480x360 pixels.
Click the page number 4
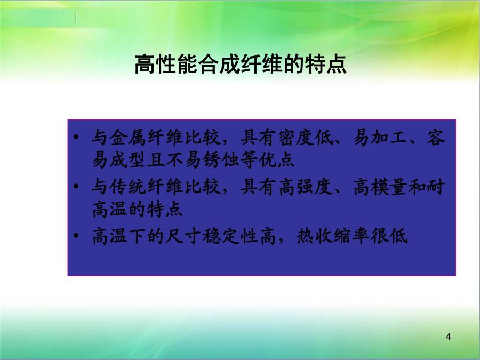449,337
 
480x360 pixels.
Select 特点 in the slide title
326,65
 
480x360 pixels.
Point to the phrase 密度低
306,137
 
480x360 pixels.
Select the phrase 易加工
380,137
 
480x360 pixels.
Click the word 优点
276,159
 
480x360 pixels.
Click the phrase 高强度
306,187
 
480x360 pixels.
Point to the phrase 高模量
380,187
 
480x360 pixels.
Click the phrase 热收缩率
333,236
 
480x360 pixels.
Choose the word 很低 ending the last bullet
389,236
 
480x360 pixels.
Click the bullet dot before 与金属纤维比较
76,137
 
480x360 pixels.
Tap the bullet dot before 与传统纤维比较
76,186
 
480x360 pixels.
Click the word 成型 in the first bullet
128,159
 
